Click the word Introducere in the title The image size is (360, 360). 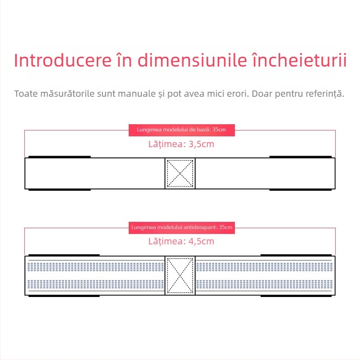[x=63, y=60]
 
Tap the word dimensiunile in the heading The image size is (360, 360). [x=192, y=60]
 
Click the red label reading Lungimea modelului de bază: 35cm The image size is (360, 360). [x=182, y=130]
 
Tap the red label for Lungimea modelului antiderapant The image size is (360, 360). [x=182, y=228]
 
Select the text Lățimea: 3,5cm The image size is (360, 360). [x=181, y=144]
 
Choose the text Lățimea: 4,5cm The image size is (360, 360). [x=181, y=241]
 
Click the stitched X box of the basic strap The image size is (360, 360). [x=180, y=174]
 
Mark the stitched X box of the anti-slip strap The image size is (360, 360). [x=180, y=275]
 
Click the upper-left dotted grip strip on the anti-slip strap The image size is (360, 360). [x=95, y=267]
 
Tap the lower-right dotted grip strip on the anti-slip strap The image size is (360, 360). [x=264, y=284]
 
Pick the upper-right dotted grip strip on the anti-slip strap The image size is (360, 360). [x=264, y=267]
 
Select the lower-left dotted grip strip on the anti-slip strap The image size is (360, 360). [x=95, y=284]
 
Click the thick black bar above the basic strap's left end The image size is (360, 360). [x=59, y=157]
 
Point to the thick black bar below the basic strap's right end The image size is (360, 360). [x=301, y=190]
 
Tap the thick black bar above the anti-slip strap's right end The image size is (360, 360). [x=296, y=255]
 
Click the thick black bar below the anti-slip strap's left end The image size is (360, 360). [x=64, y=296]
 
